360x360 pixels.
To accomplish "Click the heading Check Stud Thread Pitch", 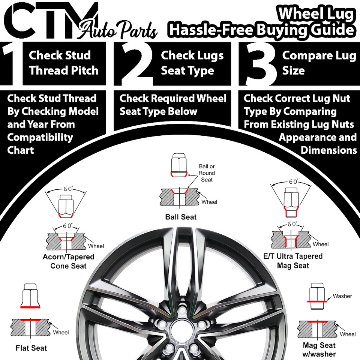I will [64, 63].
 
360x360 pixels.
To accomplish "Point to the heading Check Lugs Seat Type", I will [192, 63].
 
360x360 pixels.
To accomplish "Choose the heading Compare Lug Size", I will [319, 63].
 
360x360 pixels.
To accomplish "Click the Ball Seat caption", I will [181, 217].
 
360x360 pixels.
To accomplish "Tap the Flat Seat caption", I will [31, 348].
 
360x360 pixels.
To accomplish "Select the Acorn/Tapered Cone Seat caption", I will [68, 261].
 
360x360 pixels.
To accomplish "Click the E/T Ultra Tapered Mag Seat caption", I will [293, 261].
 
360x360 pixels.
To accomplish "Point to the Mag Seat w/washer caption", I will [319, 349].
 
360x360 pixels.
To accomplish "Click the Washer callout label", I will [342, 296].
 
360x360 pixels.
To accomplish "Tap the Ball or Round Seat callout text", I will [207, 173].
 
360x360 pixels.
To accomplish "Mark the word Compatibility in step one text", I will [40, 137].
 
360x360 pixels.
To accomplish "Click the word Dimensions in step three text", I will [328, 150].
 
